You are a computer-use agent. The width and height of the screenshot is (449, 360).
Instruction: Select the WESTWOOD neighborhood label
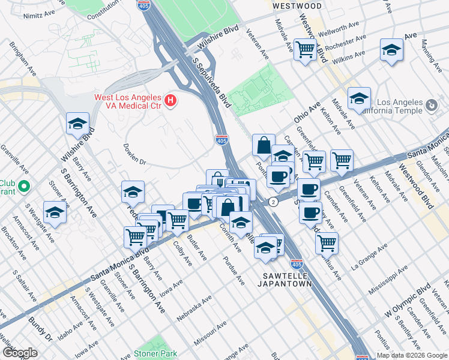click(297, 6)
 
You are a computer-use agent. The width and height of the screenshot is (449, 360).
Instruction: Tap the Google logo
click(20, 352)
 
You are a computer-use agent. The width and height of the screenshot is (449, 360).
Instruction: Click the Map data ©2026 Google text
click(411, 355)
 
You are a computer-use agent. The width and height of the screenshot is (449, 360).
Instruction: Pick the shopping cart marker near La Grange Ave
click(327, 243)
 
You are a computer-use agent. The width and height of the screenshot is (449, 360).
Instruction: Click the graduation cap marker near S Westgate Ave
click(55, 214)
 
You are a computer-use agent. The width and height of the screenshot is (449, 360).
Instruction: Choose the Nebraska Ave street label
click(195, 307)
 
